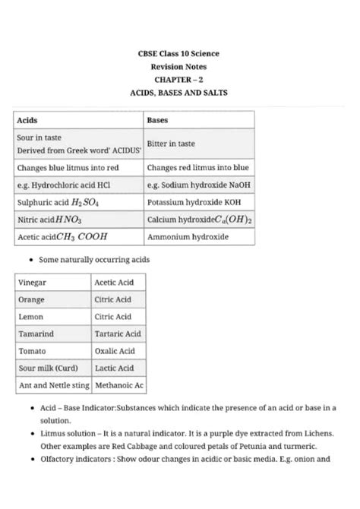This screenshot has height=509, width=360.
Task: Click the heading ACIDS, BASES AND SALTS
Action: [179, 92]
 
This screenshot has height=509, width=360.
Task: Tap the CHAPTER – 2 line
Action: [179, 79]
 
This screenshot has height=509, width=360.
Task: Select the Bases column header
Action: [157, 121]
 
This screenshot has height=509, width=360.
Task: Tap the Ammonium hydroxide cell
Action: [187, 237]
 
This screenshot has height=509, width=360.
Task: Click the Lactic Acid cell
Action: [115, 368]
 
